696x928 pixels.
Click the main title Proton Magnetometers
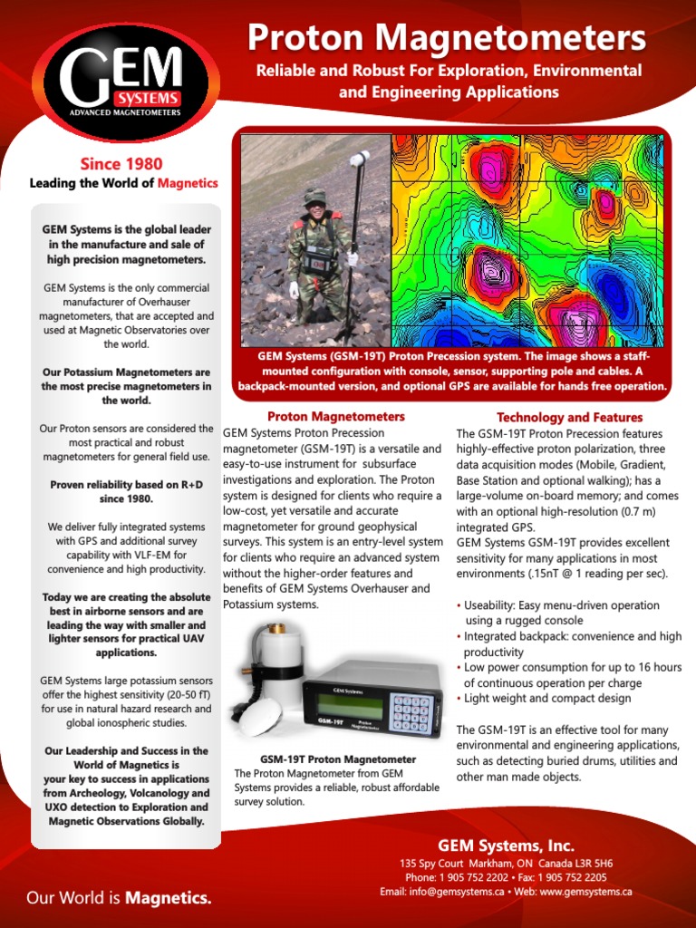click(447, 38)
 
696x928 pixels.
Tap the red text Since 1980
click(121, 163)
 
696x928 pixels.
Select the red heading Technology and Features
click(569, 417)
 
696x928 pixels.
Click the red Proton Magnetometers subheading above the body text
click(336, 417)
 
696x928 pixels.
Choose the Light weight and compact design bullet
click(547, 699)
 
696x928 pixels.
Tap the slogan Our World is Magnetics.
click(119, 898)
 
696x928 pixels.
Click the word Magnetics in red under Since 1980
click(188, 183)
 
